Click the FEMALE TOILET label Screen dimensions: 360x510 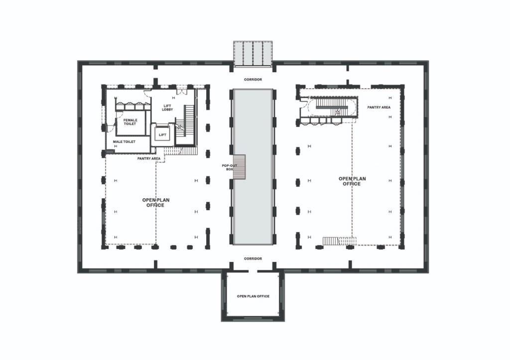[x=130, y=122]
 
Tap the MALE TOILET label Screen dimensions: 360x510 [x=124, y=142]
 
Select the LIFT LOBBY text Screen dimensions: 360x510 [x=167, y=108]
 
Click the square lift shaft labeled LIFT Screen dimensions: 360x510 [x=162, y=135]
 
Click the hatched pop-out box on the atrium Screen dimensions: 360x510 [x=240, y=167]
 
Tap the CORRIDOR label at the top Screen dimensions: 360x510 [x=253, y=80]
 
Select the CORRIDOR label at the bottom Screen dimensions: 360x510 [x=253, y=259]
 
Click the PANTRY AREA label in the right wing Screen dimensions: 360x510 [x=379, y=107]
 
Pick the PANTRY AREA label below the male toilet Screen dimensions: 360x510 [x=149, y=158]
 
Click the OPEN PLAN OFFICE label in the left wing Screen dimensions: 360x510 [x=156, y=203]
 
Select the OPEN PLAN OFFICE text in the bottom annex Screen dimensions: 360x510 [x=253, y=296]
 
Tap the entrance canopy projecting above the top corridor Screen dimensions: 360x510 [x=253, y=53]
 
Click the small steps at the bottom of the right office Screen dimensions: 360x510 [x=339, y=241]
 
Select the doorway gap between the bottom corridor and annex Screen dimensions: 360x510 [x=253, y=271]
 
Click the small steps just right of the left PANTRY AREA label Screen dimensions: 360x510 [x=174, y=151]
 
